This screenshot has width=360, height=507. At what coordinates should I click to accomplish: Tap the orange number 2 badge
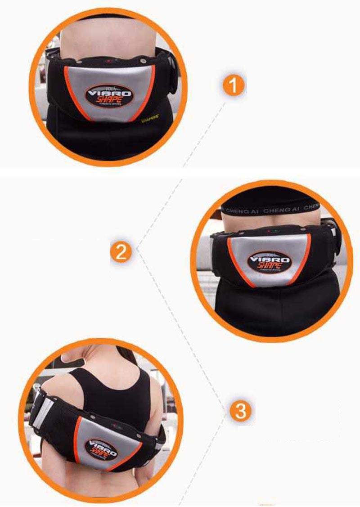coord(121,251)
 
